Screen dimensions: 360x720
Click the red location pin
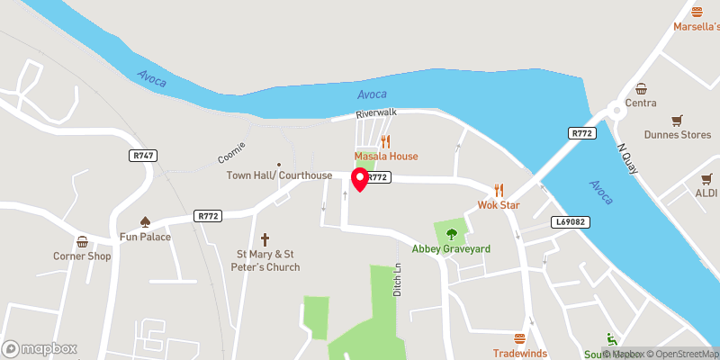pyautogui.click(x=360, y=178)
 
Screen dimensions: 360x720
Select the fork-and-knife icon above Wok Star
pyautogui.click(x=499, y=190)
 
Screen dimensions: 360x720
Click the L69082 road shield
pyautogui.click(x=570, y=221)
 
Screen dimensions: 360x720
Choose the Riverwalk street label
pyautogui.click(x=376, y=114)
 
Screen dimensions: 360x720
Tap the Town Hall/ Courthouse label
pyautogui.click(x=280, y=175)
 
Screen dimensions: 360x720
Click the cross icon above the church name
pyautogui.click(x=265, y=239)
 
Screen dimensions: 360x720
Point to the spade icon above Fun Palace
pyautogui.click(x=145, y=221)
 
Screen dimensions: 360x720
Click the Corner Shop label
pyautogui.click(x=82, y=256)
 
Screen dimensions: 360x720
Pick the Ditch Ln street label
pyautogui.click(x=397, y=279)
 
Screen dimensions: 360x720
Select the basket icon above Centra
pyautogui.click(x=641, y=88)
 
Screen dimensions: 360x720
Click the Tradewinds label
pyautogui.click(x=519, y=353)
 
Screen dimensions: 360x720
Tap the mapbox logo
pyautogui.click(x=40, y=348)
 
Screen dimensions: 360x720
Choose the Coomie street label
pyautogui.click(x=231, y=151)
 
